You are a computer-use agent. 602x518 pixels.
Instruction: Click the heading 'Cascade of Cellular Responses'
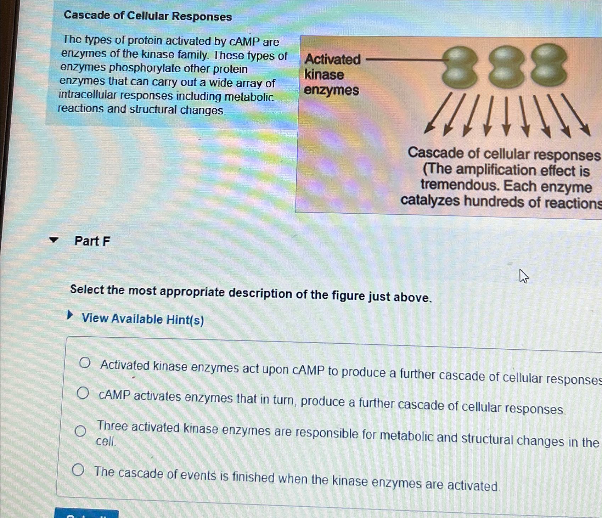tap(148, 16)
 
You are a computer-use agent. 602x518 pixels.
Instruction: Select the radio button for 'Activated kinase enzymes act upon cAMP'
tap(85, 363)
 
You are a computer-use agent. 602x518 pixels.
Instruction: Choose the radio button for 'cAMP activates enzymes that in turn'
tap(83, 393)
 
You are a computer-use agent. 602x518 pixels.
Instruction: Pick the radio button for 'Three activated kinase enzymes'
tap(80, 431)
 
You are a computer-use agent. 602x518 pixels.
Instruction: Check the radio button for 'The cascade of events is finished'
tap(78, 470)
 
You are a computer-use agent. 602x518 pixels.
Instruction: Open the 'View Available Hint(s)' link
tap(142, 319)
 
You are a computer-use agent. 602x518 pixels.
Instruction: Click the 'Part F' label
tap(92, 241)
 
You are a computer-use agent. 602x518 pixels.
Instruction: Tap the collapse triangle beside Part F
tap(54, 240)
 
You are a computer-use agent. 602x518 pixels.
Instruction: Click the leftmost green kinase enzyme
tap(459, 67)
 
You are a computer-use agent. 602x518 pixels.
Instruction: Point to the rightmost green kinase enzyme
tap(548, 64)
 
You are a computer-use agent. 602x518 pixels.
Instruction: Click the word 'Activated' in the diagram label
tap(332, 59)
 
